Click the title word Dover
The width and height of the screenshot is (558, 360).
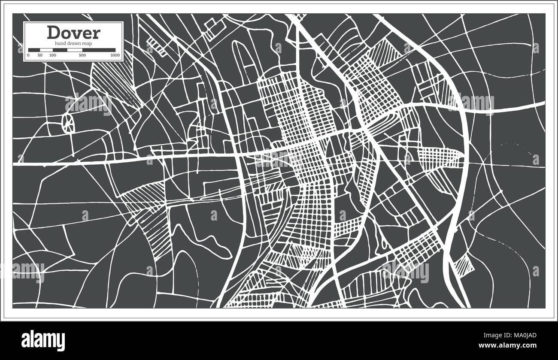click(x=73, y=33)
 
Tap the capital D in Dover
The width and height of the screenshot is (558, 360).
click(x=54, y=33)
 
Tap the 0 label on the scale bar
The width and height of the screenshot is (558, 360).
click(x=28, y=55)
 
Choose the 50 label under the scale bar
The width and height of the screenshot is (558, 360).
click(x=40, y=55)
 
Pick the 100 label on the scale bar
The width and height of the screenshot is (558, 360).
click(x=53, y=55)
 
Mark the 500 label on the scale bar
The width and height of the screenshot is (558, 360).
click(x=82, y=55)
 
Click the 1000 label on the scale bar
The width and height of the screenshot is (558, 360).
click(x=115, y=55)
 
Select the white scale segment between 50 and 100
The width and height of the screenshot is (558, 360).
click(x=46, y=50)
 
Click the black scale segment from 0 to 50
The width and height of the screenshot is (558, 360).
click(x=34, y=50)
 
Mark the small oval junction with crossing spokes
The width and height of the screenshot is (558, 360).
click(x=68, y=123)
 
